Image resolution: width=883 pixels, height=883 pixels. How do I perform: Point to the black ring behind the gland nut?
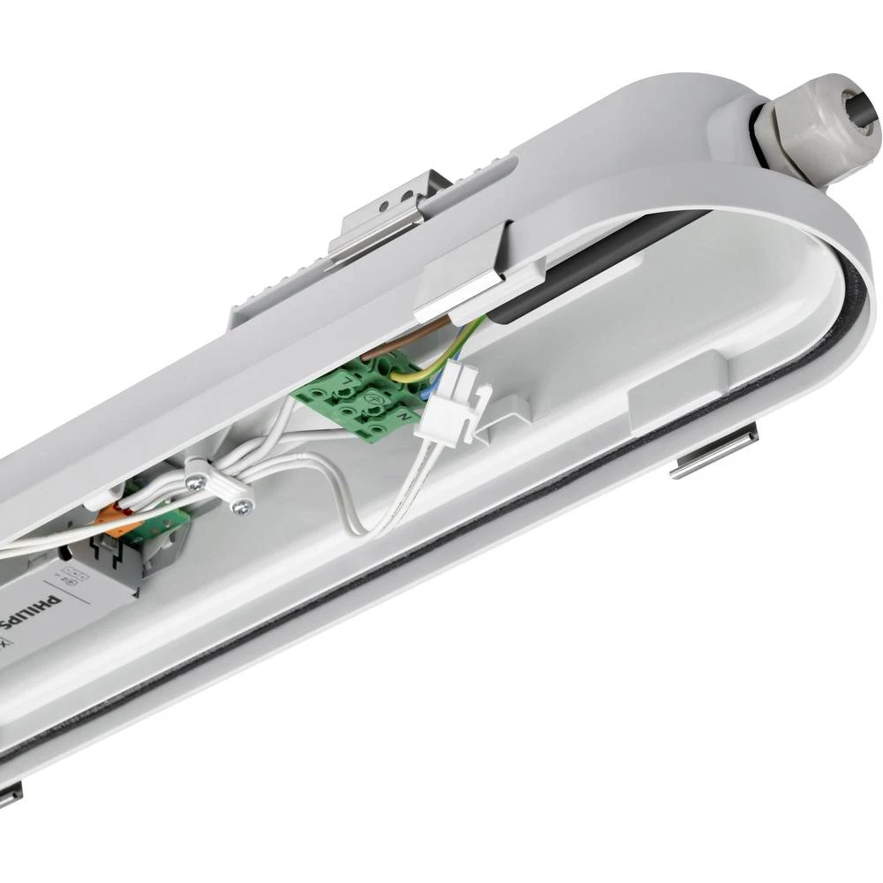coord(761,132)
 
